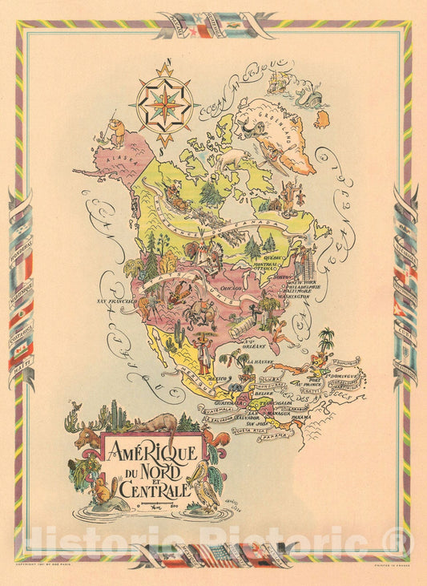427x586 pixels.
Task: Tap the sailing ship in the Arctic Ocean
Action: tap(280, 79)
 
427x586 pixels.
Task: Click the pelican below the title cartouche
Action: tap(206, 481)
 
